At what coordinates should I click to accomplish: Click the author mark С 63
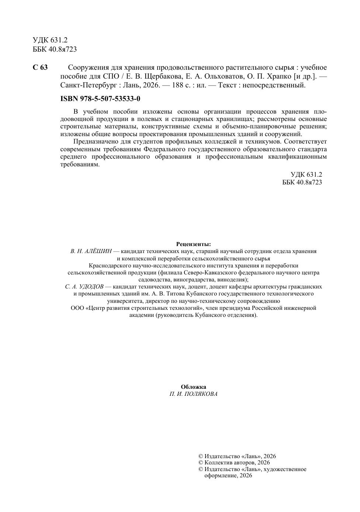click(x=40, y=68)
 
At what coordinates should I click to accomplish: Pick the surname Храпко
click(x=277, y=76)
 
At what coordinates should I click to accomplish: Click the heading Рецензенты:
click(x=194, y=244)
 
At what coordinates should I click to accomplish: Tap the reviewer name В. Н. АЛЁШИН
click(x=91, y=251)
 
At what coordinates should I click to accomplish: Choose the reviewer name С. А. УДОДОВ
click(x=84, y=287)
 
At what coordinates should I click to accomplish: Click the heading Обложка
click(x=194, y=387)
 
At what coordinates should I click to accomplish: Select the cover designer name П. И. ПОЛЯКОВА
click(x=194, y=394)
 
